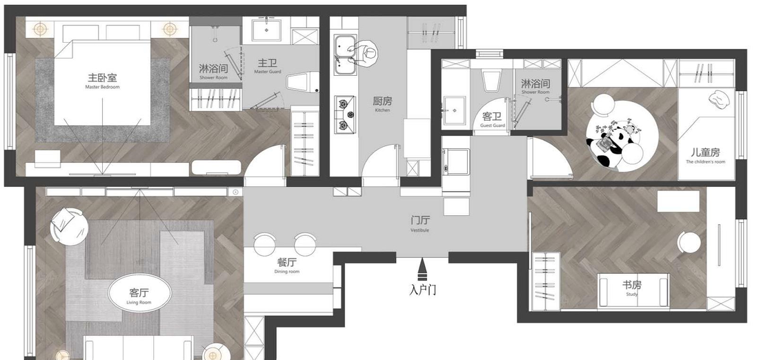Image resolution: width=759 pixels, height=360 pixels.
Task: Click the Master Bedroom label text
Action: tap(102, 81)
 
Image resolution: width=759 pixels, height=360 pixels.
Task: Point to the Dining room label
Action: tap(288, 266)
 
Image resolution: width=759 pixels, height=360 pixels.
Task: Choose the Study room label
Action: tap(631, 287)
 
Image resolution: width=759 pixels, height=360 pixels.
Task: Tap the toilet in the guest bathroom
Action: tap(491, 80)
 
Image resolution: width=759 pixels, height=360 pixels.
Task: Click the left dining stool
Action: tap(265, 243)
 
